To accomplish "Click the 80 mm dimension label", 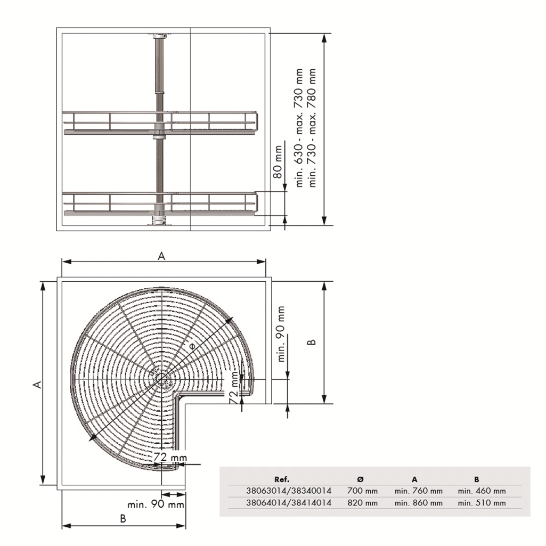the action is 277,161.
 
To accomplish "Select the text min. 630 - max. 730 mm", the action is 299,128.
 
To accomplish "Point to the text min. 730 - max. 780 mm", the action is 312,128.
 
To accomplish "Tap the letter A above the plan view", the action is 161,256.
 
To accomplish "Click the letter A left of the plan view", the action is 37,385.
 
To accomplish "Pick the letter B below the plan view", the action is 123,519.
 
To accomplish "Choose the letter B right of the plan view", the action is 312,342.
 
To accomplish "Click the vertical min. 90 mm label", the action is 281,334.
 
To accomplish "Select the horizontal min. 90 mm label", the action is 156,504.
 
